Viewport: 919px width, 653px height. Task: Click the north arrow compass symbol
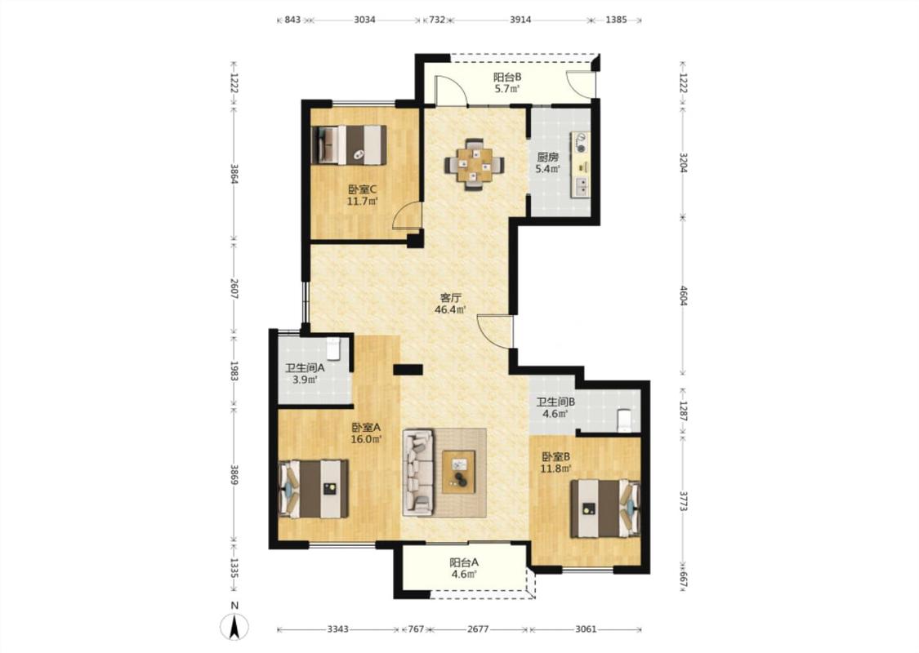tap(234, 627)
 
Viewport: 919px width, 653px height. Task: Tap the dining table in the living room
tap(474, 164)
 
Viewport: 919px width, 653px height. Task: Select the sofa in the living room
tap(418, 473)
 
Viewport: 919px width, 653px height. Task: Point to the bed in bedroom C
tap(350, 144)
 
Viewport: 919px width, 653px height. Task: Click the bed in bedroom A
tap(315, 488)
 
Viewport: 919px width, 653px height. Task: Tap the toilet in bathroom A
tap(333, 349)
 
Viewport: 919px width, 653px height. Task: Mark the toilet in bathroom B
tap(625, 420)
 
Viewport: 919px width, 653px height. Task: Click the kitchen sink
tap(582, 185)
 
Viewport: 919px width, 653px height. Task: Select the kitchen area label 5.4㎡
tap(547, 169)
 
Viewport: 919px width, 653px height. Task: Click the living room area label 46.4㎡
tap(450, 310)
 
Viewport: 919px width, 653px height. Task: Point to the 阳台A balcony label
tap(464, 562)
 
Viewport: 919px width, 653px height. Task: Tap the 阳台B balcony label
tap(507, 77)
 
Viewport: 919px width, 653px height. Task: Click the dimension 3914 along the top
tap(520, 20)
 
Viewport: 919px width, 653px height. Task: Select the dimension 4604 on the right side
tap(683, 295)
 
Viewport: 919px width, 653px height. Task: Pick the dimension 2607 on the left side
tap(234, 288)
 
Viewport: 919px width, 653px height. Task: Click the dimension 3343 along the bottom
tap(338, 629)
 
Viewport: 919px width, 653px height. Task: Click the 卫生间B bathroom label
tap(555, 402)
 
